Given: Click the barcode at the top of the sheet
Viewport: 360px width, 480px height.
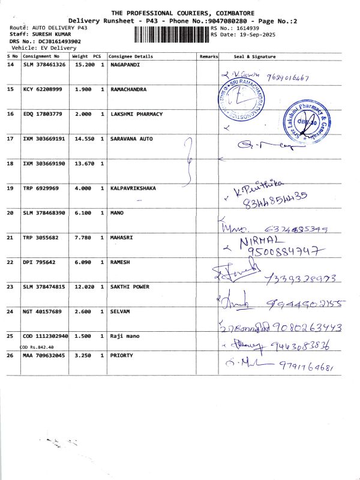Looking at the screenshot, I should (168, 34).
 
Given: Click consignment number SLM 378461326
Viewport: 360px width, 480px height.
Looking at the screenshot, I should (44, 64).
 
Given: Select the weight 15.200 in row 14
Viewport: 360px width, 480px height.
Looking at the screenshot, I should (83, 64).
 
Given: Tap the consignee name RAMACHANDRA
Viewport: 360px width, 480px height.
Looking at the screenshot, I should (129, 89).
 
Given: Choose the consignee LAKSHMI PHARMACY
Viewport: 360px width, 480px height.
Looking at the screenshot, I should (136, 114).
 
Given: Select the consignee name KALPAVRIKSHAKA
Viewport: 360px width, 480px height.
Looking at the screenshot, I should (134, 188).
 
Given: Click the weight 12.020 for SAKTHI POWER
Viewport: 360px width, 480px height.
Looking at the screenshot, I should (83, 287).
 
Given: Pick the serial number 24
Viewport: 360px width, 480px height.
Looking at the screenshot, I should (10, 312).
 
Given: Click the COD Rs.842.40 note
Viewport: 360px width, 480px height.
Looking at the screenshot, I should (37, 347).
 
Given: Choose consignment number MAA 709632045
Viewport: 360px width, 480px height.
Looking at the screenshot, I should (44, 356).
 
